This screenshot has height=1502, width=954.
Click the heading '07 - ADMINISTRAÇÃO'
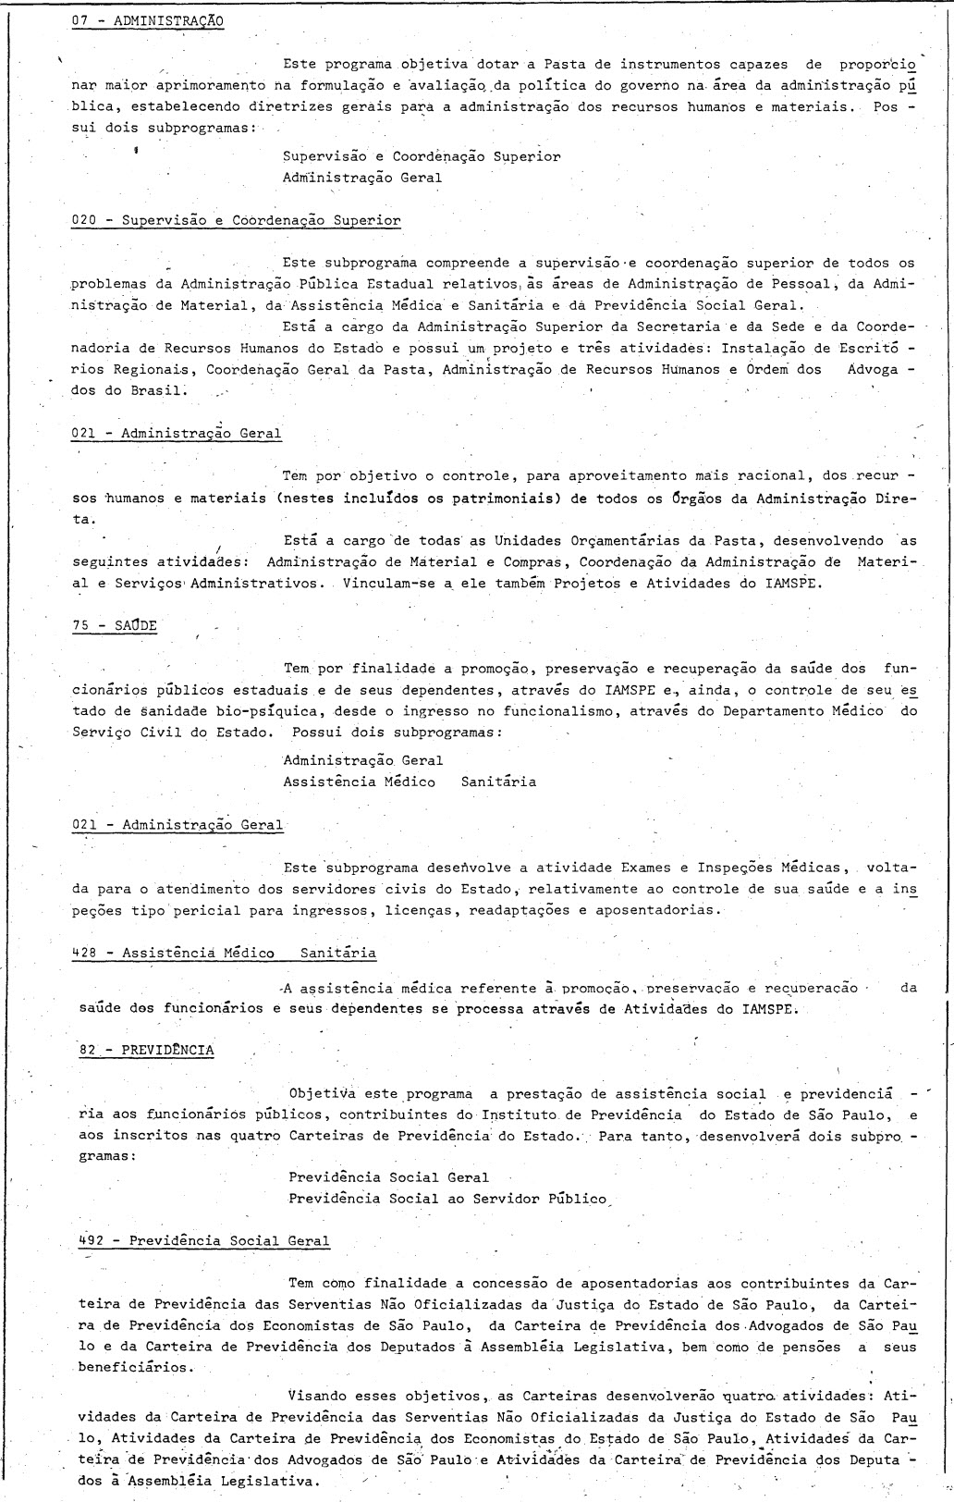pyautogui.click(x=147, y=19)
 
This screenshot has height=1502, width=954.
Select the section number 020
pyautogui.click(x=84, y=220)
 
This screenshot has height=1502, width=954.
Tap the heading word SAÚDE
pyautogui.click(x=136, y=625)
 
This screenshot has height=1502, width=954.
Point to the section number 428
pyautogui.click(x=84, y=953)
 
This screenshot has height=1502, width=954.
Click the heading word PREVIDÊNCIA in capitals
pyautogui.click(x=167, y=1051)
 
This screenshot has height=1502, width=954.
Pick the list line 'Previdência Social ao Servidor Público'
pyautogui.click(x=447, y=1199)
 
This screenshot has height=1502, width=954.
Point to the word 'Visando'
pyautogui.click(x=318, y=1395)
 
